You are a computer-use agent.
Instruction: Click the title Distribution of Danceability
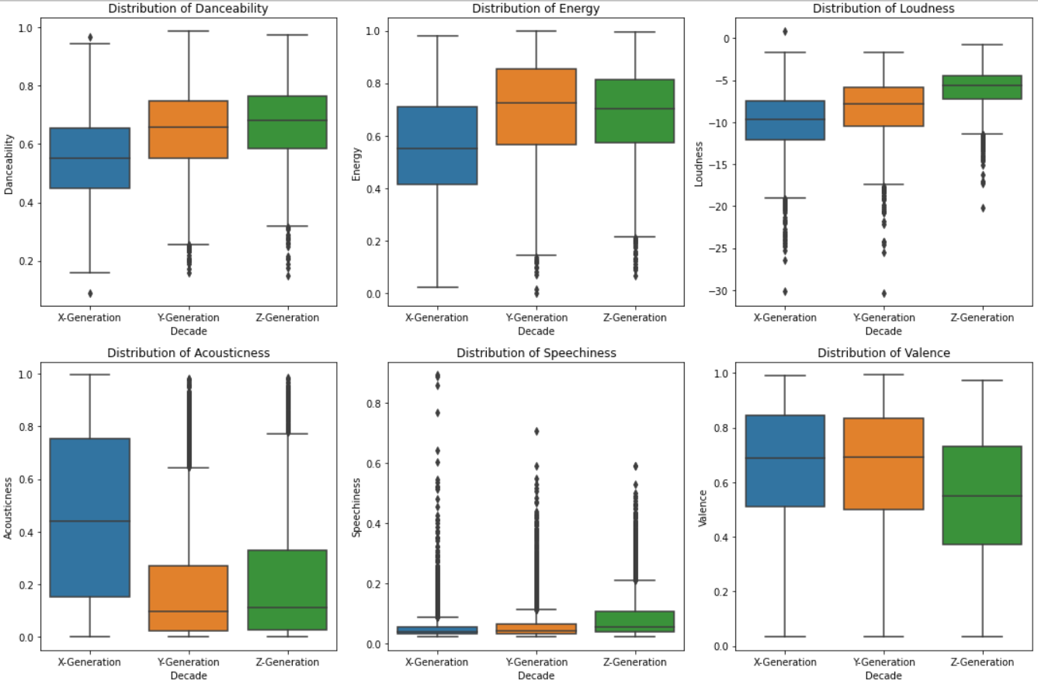tap(188, 9)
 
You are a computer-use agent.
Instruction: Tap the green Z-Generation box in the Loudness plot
tap(981, 87)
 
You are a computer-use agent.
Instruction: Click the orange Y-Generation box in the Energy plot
tap(536, 106)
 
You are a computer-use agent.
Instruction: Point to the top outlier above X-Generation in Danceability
tap(90, 37)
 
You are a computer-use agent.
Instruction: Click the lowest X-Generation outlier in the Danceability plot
tap(90, 293)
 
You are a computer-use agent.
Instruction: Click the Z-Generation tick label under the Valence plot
tap(981, 662)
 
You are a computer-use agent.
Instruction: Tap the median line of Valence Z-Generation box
tap(981, 495)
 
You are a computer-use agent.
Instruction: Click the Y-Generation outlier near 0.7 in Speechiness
tap(536, 431)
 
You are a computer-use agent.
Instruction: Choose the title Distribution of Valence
tap(884, 353)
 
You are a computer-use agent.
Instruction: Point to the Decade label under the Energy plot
tap(536, 331)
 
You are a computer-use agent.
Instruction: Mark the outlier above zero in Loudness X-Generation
tap(785, 32)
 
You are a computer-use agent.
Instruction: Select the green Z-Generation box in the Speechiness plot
tap(634, 621)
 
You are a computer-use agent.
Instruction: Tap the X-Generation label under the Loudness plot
tap(785, 318)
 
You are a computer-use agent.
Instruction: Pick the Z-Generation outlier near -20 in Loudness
tap(982, 207)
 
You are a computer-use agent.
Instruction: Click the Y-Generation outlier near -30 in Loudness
tap(884, 293)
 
